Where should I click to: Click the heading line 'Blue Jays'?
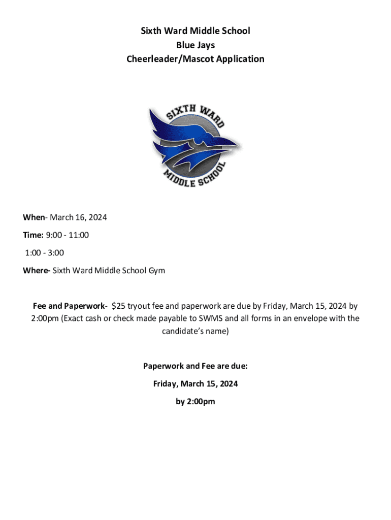point(195,45)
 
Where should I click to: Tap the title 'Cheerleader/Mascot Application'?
point(195,59)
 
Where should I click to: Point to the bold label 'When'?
point(34,217)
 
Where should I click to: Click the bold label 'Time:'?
point(33,235)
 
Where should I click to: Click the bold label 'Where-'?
point(36,270)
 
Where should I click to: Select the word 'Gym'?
point(156,270)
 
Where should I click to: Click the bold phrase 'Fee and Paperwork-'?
point(70,306)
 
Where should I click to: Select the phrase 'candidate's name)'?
point(195,331)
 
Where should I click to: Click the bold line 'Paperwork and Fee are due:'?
point(195,366)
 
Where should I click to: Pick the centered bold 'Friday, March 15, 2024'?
point(195,383)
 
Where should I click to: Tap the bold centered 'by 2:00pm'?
point(195,401)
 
